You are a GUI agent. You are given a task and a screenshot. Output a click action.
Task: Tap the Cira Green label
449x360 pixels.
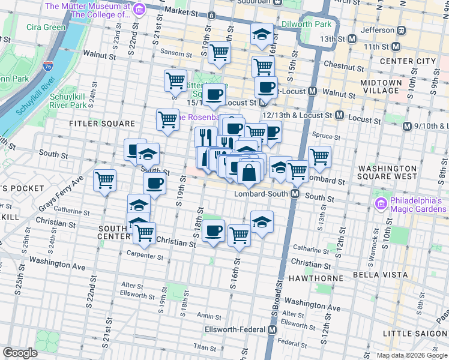pyautogui.click(x=46, y=27)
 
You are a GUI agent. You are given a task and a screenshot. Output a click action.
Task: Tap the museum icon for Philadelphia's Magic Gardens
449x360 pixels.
pyautogui.click(x=379, y=205)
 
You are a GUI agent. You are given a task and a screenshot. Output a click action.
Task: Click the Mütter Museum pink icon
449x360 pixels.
pyautogui.click(x=139, y=10)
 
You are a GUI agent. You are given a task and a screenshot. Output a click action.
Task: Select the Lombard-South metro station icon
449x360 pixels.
pyautogui.click(x=295, y=194)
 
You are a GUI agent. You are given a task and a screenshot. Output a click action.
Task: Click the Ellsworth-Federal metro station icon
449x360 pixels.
pyautogui.click(x=273, y=330)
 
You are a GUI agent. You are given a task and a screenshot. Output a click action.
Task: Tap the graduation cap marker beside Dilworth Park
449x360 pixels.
pyautogui.click(x=262, y=34)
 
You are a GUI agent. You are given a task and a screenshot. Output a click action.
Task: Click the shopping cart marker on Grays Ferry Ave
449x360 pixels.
pyautogui.click(x=105, y=180)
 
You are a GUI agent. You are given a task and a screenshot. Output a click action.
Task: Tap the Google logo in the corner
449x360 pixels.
pyautogui.click(x=21, y=353)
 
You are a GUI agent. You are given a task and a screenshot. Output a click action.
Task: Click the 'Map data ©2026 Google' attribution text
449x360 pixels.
pyautogui.click(x=411, y=355)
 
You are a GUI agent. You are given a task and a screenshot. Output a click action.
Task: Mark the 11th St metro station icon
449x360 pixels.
pyautogui.click(x=396, y=47)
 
